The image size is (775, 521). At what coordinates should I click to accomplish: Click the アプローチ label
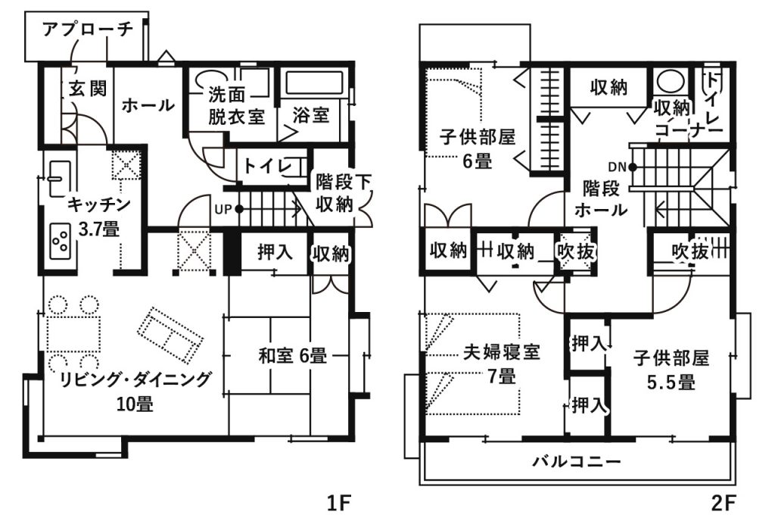[x=88, y=30]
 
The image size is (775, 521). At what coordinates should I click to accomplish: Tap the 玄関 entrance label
[x=88, y=89]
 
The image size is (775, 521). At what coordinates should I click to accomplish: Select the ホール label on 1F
[x=148, y=105]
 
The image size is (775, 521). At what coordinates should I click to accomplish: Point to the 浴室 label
[x=310, y=115]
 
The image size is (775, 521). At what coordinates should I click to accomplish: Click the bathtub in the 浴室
[x=314, y=83]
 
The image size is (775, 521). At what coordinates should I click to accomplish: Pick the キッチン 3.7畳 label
[x=99, y=216]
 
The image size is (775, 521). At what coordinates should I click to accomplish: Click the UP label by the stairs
[x=223, y=209]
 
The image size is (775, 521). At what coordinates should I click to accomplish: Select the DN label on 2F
[x=617, y=167]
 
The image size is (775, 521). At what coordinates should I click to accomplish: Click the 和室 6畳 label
[x=293, y=355]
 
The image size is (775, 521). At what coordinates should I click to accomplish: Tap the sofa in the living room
[x=170, y=334]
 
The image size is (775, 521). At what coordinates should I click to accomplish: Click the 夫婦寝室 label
[x=501, y=352]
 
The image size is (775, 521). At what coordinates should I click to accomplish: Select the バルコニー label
[x=576, y=462]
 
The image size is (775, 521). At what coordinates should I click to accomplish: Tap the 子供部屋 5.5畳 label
[x=671, y=370]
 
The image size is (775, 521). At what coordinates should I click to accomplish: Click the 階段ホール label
[x=600, y=198]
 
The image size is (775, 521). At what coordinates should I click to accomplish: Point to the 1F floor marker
[x=339, y=504]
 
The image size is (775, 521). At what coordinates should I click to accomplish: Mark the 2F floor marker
[x=724, y=504]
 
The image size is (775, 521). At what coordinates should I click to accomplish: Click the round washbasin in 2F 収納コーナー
[x=671, y=81]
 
